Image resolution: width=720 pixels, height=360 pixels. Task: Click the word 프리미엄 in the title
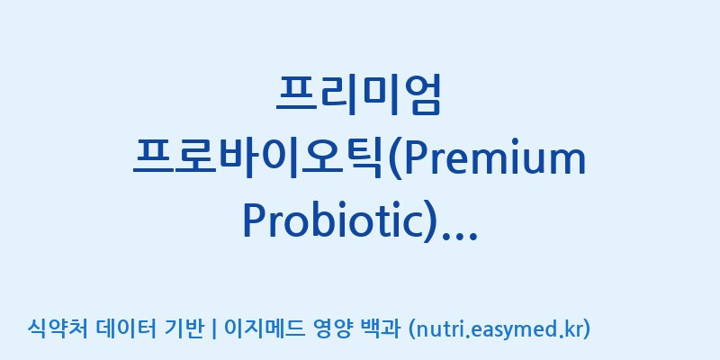pyautogui.click(x=358, y=94)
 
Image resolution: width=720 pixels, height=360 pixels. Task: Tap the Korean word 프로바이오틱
pyautogui.click(x=259, y=159)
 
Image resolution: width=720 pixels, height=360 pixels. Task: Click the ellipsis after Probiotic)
pyautogui.click(x=459, y=235)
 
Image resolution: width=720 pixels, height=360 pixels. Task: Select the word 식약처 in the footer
pyautogui.click(x=58, y=328)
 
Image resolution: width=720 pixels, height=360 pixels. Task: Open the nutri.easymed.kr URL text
pyautogui.click(x=499, y=329)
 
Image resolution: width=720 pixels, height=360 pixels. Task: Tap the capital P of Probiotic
pyautogui.click(x=254, y=220)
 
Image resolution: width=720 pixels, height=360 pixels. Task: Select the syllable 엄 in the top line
pyautogui.click(x=421, y=94)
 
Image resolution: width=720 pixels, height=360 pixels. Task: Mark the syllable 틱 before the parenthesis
pyautogui.click(x=364, y=159)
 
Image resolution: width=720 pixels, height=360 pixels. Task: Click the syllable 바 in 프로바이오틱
pyautogui.click(x=238, y=159)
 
